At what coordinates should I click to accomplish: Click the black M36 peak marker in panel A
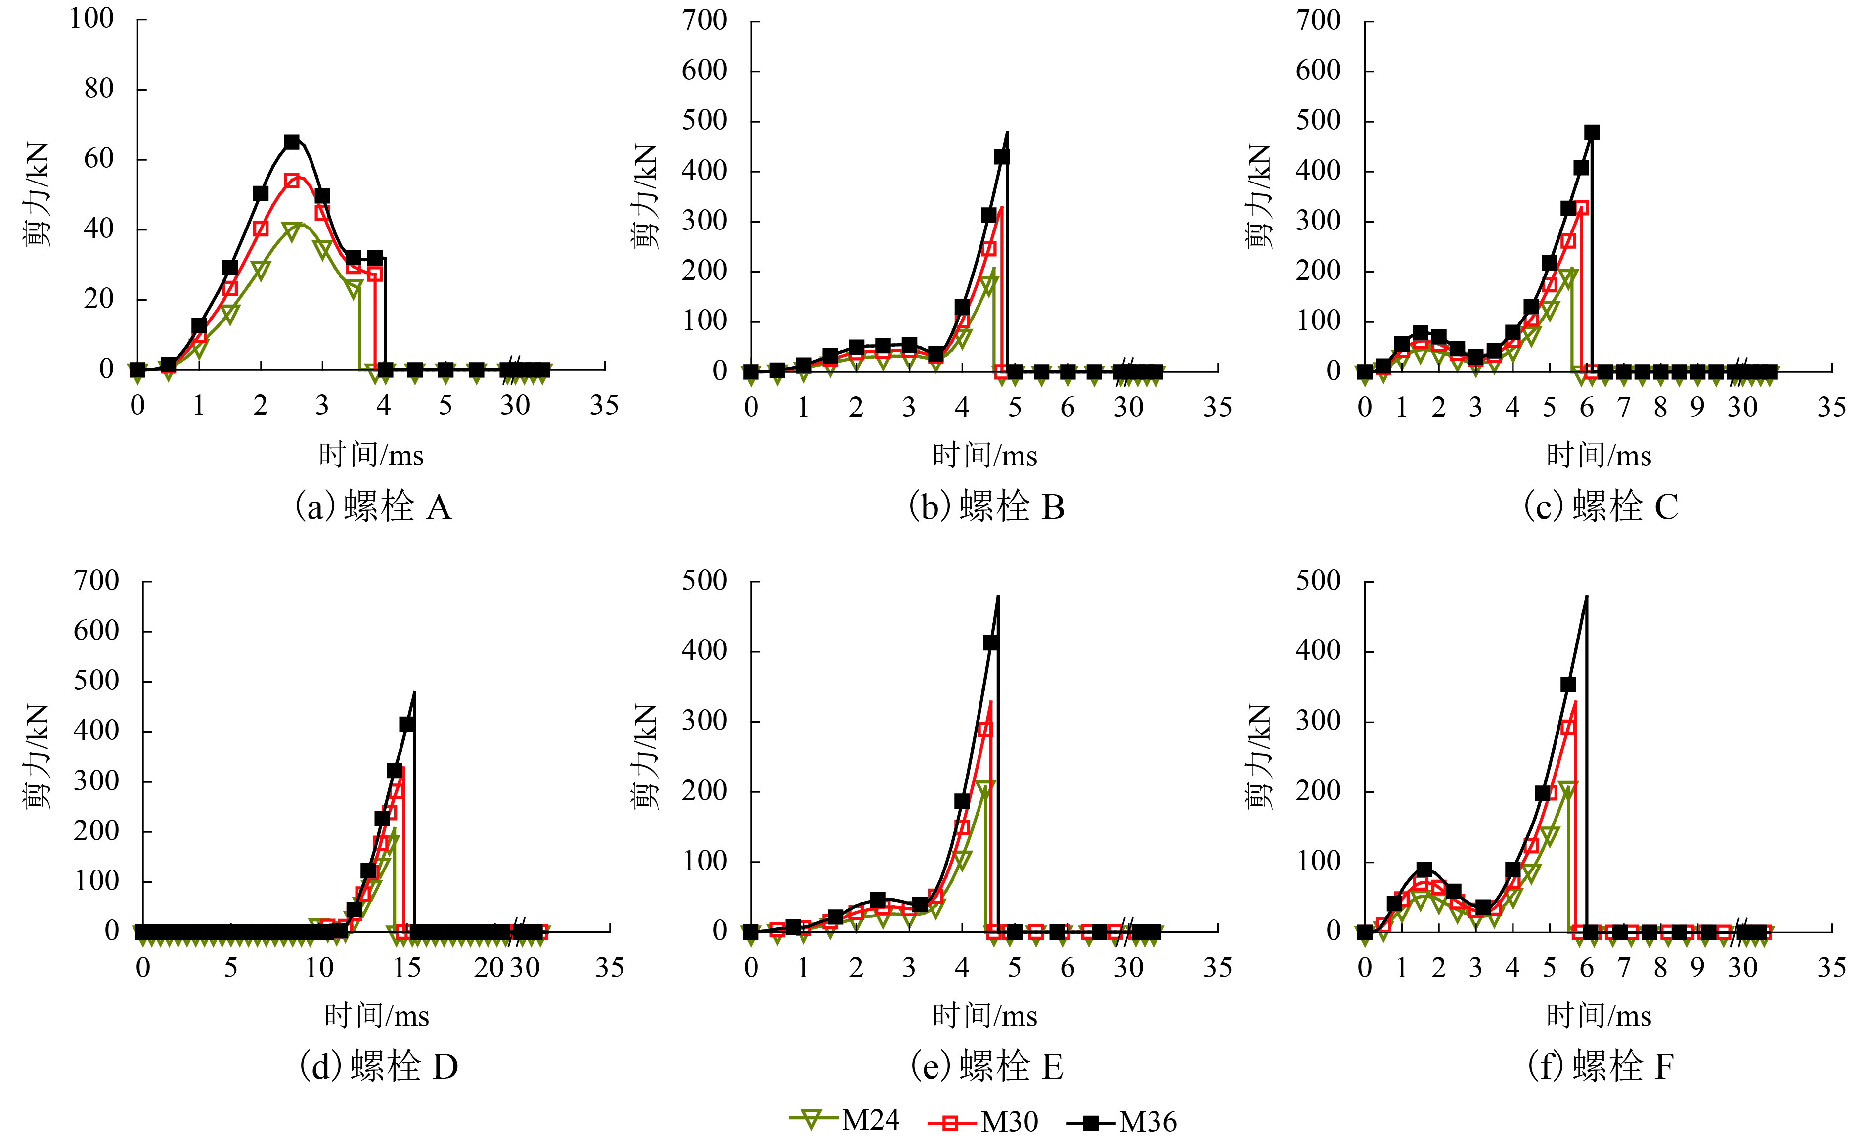click(292, 142)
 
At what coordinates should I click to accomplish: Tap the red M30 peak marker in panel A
click(292, 181)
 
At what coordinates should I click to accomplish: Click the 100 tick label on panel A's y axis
click(92, 18)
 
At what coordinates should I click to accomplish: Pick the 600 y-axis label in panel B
click(704, 71)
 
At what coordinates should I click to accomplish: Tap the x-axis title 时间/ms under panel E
click(984, 1015)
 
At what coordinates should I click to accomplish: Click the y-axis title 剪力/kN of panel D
click(37, 757)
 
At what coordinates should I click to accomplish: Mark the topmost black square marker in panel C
click(1592, 132)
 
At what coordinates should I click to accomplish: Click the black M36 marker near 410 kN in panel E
click(991, 642)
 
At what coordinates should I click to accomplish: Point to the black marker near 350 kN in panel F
click(1568, 685)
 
